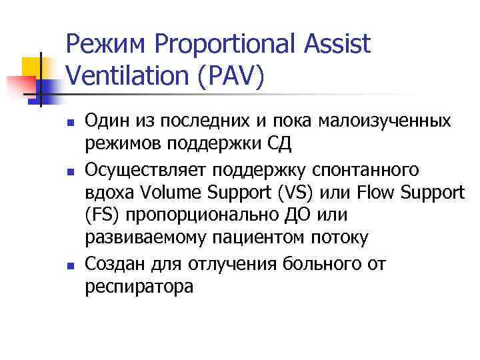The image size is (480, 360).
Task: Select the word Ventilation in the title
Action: coord(123,75)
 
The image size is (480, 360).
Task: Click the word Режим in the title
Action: coord(107,44)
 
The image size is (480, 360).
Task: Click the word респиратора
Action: coord(139,287)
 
